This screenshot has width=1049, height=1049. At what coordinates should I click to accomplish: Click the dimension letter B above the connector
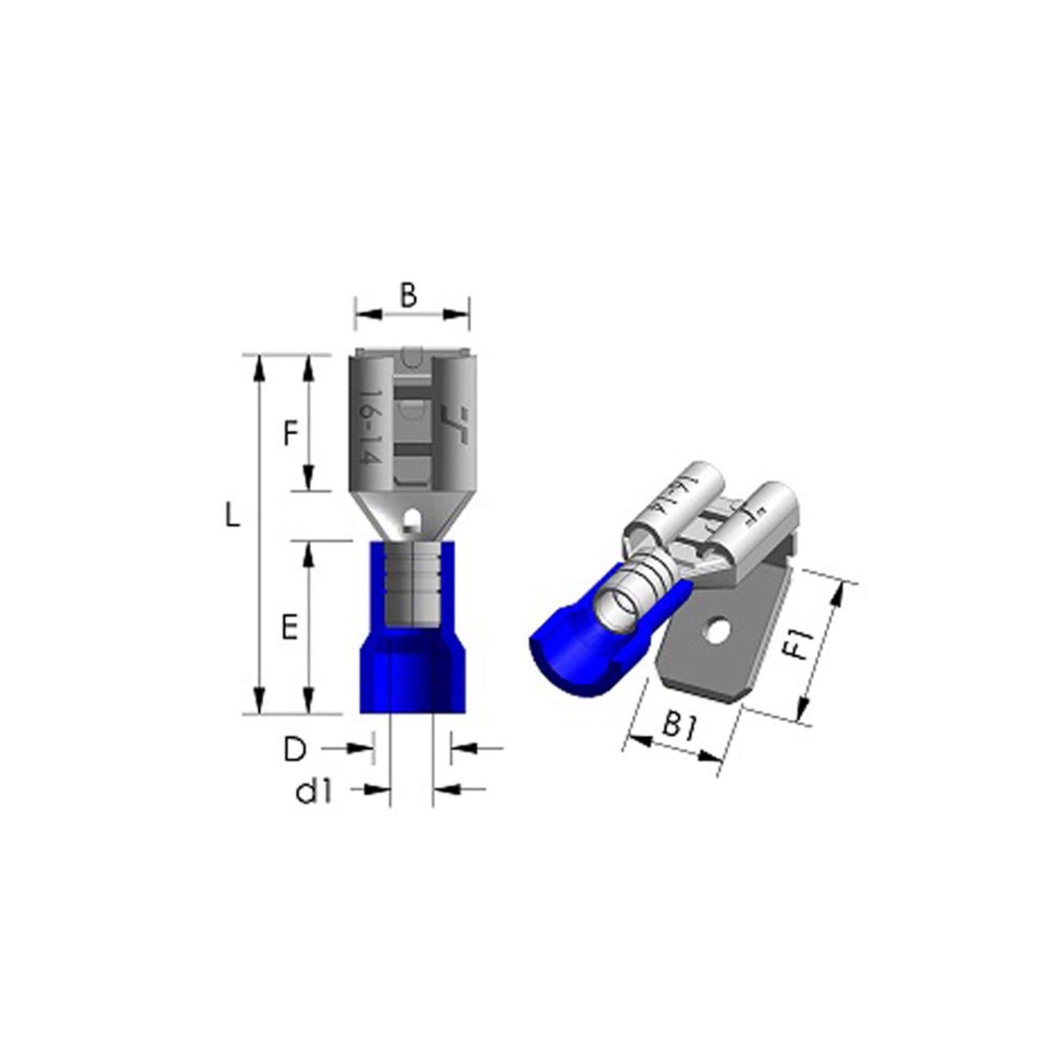[x=408, y=295]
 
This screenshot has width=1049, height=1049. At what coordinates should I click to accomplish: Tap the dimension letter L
[x=232, y=515]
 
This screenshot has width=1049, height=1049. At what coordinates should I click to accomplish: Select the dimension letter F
[x=291, y=434]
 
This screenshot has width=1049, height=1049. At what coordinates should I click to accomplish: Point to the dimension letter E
[x=290, y=626]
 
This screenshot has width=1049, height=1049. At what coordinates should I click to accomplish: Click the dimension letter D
[x=295, y=751]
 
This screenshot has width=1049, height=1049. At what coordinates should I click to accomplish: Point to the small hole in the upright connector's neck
[x=415, y=515]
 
